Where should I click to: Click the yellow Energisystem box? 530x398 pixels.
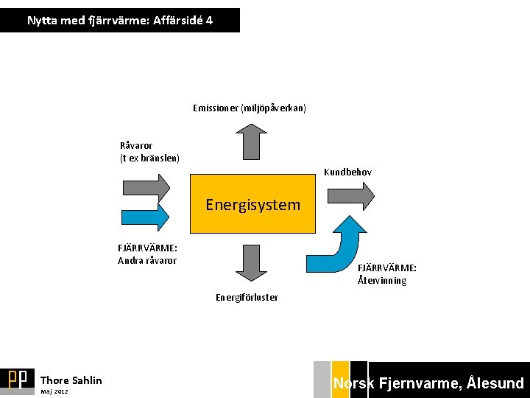click(252, 204)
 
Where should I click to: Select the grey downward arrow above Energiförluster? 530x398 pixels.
click(252, 262)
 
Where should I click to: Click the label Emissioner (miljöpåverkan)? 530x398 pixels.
click(250, 108)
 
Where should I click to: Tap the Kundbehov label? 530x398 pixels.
click(348, 172)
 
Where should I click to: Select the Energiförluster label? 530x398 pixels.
click(247, 298)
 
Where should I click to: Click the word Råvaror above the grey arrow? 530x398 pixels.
click(136, 145)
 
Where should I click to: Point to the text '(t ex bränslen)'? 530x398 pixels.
click(149, 158)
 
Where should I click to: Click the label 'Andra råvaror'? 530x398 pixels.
click(147, 260)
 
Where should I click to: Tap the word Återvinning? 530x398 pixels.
click(382, 281)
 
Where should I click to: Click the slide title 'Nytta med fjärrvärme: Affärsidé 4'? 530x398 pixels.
click(120, 21)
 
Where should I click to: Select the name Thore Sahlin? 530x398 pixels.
click(71, 380)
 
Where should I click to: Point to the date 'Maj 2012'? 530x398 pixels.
click(54, 391)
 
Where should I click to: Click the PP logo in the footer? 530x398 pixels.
click(17, 379)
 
